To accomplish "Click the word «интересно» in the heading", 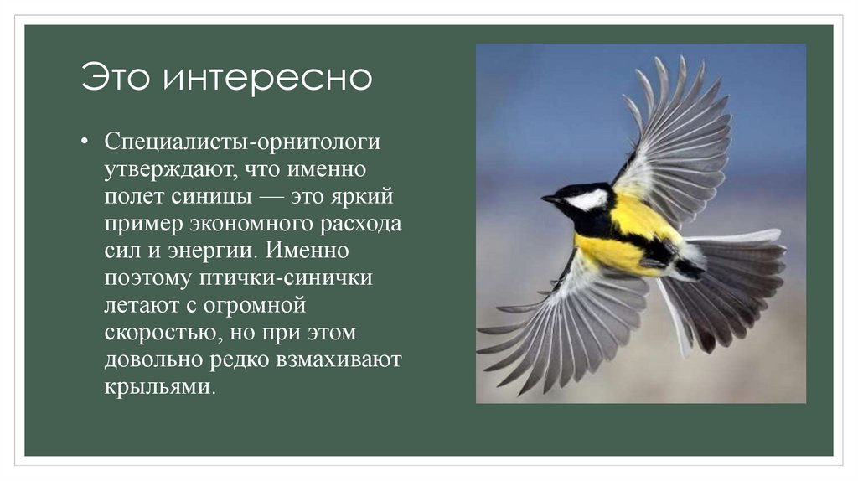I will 267,78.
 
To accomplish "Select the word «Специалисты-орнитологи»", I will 242,142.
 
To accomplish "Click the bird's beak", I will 549,199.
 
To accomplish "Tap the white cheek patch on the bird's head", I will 587,199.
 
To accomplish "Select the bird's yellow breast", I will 617,251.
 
